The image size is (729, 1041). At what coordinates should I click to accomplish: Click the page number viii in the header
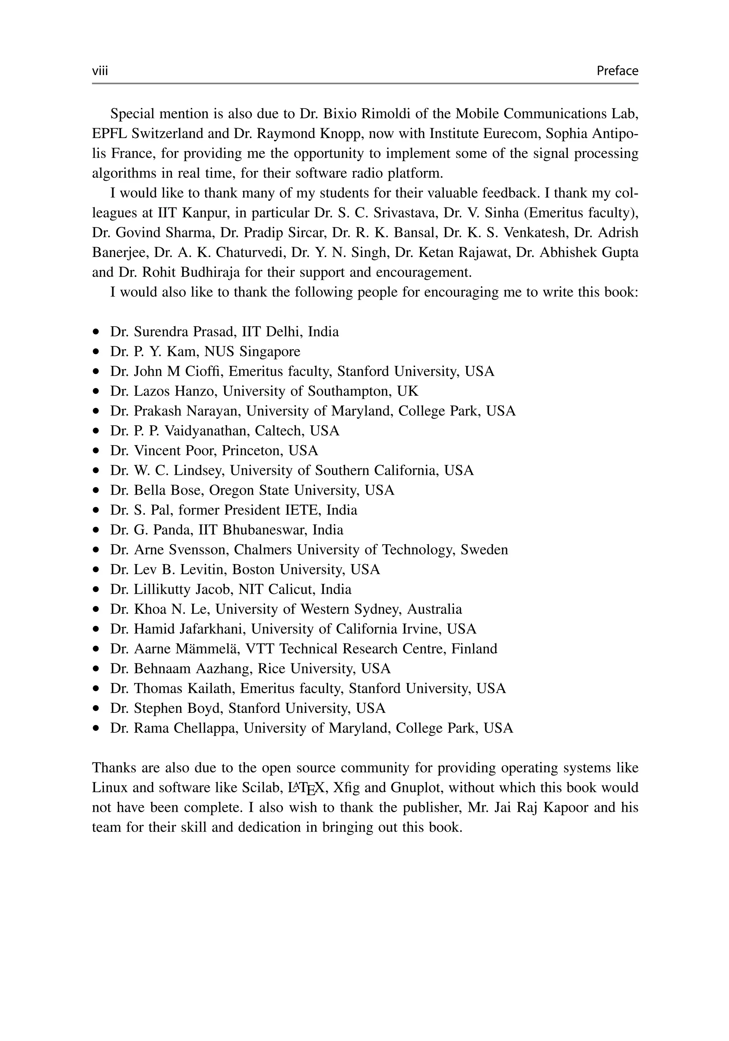tap(100, 71)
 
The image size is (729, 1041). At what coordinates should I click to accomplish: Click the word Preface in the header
tap(617, 71)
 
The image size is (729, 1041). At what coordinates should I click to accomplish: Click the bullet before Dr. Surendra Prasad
tap(96, 332)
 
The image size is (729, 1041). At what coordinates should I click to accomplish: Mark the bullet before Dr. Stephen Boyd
tap(96, 709)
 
